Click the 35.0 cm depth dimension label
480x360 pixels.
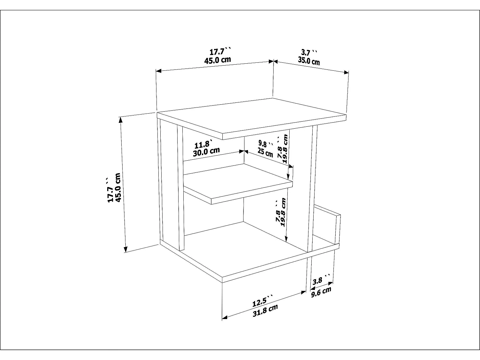click(x=309, y=61)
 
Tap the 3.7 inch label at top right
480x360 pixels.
click(x=309, y=52)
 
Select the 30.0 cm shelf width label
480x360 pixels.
click(x=206, y=151)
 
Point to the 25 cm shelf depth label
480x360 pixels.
click(x=265, y=152)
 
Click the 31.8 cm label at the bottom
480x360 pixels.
click(x=265, y=310)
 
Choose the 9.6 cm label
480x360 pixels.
click(x=321, y=292)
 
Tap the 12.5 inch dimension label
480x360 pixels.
click(x=262, y=302)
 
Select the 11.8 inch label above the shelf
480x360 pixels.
click(x=203, y=144)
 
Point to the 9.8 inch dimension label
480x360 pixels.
click(x=266, y=143)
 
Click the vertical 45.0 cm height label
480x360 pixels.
click(x=118, y=187)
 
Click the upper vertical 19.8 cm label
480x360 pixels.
click(x=285, y=148)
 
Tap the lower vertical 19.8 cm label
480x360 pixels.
click(x=283, y=212)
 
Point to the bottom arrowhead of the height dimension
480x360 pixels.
click(x=125, y=249)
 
